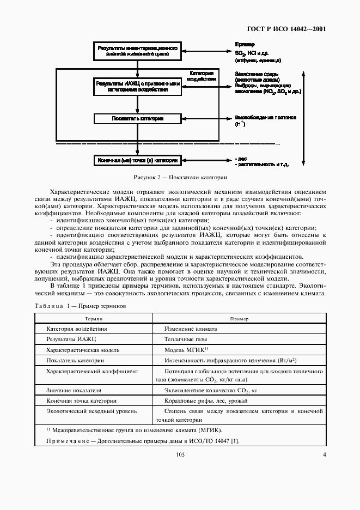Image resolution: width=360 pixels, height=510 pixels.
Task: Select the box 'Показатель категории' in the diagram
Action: click(x=137, y=118)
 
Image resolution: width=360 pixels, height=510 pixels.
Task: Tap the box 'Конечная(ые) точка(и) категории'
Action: click(x=137, y=161)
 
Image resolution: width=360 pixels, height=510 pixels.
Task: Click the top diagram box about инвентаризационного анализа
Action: click(x=137, y=51)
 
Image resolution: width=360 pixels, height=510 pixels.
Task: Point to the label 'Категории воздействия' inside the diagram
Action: click(x=200, y=75)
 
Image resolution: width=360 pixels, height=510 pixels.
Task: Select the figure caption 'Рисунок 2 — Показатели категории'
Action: click(x=180, y=178)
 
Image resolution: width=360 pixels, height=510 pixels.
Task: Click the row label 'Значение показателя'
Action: click(x=74, y=390)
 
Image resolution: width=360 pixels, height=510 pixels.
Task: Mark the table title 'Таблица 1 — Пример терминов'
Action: click(x=80, y=306)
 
